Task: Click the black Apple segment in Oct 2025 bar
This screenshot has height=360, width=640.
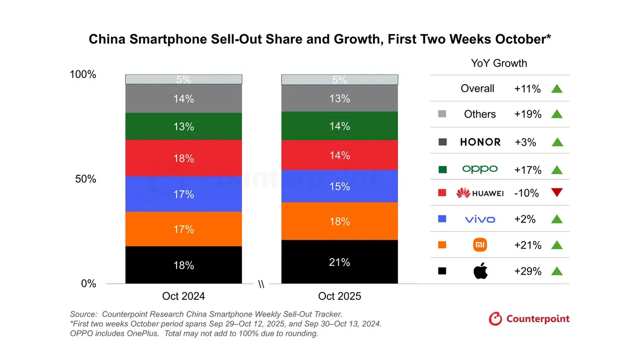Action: click(x=339, y=262)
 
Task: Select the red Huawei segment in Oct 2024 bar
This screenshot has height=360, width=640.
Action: click(x=183, y=158)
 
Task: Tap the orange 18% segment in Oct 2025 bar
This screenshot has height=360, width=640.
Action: click(x=339, y=221)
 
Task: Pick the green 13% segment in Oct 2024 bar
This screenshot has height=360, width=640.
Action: click(x=183, y=126)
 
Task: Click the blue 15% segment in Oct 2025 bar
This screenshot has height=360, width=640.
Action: click(x=339, y=186)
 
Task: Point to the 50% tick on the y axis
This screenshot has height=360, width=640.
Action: click(x=85, y=179)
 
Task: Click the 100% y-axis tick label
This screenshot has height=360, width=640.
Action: click(x=83, y=75)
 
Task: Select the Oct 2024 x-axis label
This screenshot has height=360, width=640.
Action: click(x=183, y=296)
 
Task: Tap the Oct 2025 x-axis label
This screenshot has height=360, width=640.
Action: click(x=339, y=296)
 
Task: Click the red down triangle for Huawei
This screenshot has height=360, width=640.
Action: click(x=557, y=193)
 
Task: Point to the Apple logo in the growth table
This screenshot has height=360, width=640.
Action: click(x=480, y=271)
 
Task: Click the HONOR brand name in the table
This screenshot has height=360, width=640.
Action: click(x=480, y=142)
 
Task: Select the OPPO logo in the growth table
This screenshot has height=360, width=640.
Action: click(x=480, y=169)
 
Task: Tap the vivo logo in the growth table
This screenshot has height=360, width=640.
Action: click(x=480, y=219)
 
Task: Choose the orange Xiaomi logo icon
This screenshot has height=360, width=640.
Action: click(x=480, y=245)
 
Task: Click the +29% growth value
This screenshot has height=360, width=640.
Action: click(x=527, y=271)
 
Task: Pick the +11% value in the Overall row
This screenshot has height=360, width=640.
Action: click(x=527, y=89)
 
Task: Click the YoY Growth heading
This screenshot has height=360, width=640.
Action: click(x=499, y=63)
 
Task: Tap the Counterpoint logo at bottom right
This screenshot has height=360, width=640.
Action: click(x=529, y=319)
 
